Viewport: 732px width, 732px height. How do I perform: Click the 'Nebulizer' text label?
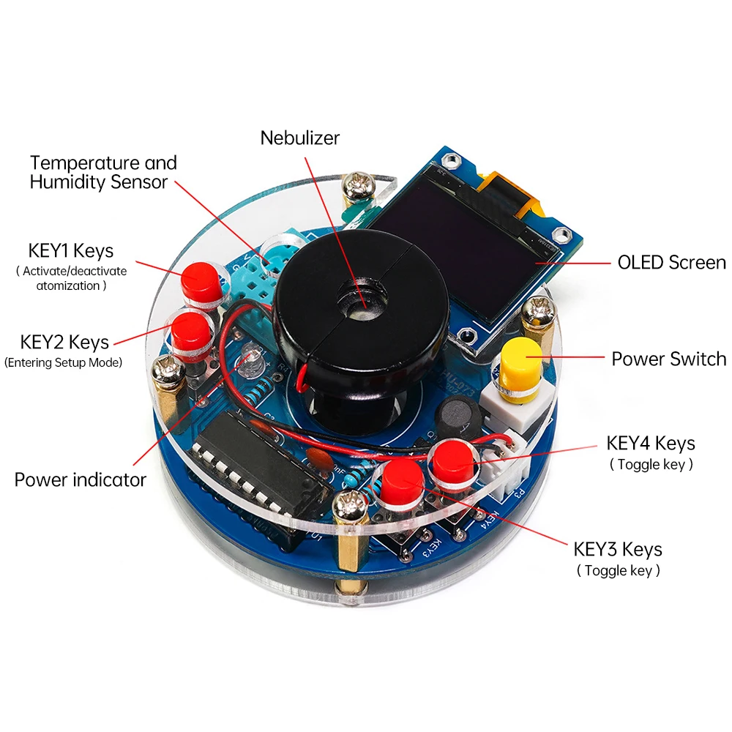click(300, 137)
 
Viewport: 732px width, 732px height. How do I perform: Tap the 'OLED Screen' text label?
click(671, 262)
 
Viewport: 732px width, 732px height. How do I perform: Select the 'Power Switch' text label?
click(668, 359)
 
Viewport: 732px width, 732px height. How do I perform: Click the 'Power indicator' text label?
click(81, 480)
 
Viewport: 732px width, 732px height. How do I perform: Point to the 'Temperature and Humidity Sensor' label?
click(103, 173)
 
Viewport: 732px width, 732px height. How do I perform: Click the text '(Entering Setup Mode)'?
click(63, 362)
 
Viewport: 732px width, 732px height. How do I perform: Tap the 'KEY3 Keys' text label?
click(618, 549)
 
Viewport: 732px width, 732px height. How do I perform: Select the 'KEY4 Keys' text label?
click(651, 443)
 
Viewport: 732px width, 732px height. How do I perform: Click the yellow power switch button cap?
click(521, 357)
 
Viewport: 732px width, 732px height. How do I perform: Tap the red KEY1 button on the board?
click(200, 280)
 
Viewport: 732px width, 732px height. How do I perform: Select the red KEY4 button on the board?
click(451, 458)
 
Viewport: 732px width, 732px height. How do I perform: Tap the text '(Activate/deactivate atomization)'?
click(71, 278)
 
